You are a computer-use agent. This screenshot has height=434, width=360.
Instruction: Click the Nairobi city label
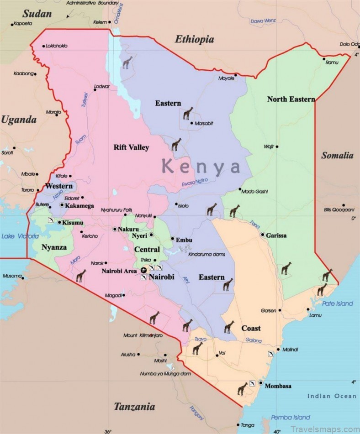[x=162, y=277]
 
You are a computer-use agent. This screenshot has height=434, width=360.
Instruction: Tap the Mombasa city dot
[x=261, y=383]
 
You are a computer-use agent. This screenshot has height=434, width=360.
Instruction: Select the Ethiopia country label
[x=195, y=40]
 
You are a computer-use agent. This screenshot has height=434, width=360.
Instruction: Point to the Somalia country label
[x=337, y=155]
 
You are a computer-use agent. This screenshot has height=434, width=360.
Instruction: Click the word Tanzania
[x=134, y=407]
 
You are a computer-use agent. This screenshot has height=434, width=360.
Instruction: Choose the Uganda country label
[x=18, y=120]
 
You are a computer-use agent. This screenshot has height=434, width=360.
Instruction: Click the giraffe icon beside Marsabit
[x=188, y=113]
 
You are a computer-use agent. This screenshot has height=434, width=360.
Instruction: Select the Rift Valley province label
[x=131, y=147]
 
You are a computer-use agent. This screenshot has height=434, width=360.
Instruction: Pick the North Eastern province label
[x=291, y=99]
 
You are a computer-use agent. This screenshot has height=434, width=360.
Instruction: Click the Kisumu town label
[x=74, y=223]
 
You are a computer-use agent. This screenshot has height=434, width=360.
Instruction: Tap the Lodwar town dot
[x=95, y=90]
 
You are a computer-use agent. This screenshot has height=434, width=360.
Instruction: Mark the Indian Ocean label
[x=331, y=396]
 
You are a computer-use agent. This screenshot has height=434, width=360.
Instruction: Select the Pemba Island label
[x=291, y=417]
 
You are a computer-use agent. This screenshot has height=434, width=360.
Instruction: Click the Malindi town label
[x=290, y=350]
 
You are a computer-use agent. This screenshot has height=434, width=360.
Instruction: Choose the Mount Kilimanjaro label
[x=143, y=335]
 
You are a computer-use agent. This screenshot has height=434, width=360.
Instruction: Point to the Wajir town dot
[x=277, y=146]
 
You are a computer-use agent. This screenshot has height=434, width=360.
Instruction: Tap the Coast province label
[x=251, y=328]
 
